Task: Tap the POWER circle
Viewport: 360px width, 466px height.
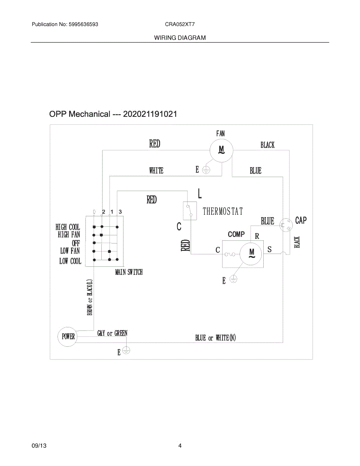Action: [68, 336]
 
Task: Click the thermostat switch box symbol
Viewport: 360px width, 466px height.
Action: [190, 210]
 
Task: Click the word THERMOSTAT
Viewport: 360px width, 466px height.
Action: [223, 211]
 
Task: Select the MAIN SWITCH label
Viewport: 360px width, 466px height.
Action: [129, 272]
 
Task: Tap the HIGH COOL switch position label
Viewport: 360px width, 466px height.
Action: [68, 227]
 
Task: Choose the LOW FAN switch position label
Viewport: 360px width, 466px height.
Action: [70, 251]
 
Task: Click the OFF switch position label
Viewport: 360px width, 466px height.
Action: [76, 243]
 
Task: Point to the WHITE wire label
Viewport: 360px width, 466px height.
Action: [156, 170]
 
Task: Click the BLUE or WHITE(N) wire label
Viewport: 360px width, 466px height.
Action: [216, 338]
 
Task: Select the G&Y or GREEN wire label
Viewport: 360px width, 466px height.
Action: [112, 333]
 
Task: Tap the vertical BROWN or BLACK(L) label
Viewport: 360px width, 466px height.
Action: [90, 297]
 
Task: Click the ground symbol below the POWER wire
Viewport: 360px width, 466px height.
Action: [126, 350]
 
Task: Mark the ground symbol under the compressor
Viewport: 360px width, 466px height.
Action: [233, 278]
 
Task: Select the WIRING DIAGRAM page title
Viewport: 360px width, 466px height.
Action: [180, 38]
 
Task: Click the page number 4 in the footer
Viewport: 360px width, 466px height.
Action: [180, 446]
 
